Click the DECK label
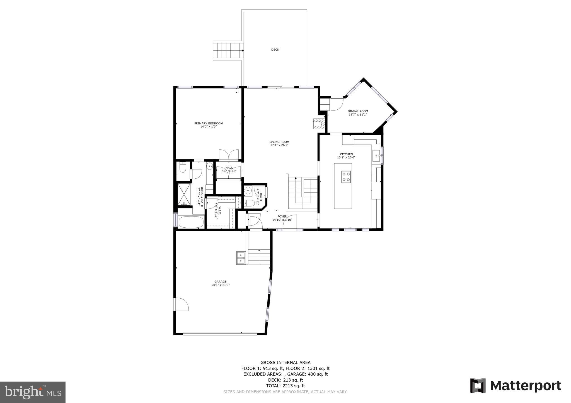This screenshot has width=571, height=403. (275, 50)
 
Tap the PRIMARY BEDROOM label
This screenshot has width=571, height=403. (208, 123)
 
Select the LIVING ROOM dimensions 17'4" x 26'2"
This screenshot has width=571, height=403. (279, 145)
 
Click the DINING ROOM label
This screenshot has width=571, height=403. (358, 111)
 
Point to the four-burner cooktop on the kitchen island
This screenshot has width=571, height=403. (346, 177)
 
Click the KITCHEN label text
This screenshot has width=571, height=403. (346, 154)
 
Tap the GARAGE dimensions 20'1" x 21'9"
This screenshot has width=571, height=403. (220, 285)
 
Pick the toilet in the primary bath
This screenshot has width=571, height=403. (183, 168)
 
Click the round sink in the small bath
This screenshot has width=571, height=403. (247, 191)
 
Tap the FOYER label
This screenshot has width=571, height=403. (282, 216)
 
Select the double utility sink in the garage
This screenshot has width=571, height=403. (241, 258)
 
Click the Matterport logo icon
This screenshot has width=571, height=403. (478, 385)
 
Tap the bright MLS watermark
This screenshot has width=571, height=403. (33, 392)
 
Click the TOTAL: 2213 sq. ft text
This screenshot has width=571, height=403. (285, 386)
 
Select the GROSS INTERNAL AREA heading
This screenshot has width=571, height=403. (285, 362)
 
